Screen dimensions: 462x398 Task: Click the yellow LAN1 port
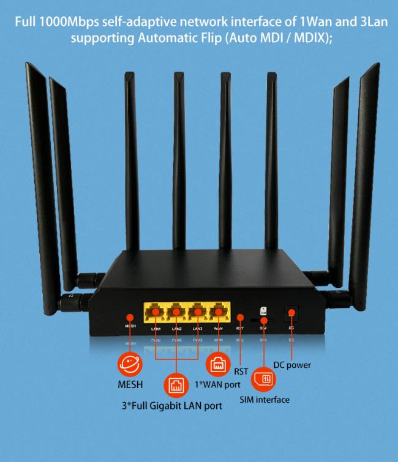(156, 312)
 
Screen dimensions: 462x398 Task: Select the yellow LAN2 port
(176, 312)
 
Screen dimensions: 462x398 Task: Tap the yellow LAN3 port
(197, 312)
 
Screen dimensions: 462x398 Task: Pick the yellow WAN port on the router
(217, 312)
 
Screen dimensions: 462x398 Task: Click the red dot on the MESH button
(130, 317)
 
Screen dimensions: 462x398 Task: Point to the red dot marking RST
(240, 318)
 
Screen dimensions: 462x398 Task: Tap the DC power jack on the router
(291, 313)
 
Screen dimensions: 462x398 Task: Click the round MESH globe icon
(130, 365)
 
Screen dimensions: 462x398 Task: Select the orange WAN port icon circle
(217, 365)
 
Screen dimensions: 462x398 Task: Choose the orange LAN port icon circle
(176, 385)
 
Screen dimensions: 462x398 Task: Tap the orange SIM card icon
(265, 379)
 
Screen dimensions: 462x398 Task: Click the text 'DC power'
(292, 365)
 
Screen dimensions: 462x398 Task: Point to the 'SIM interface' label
(264, 400)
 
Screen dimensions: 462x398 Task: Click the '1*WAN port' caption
(217, 384)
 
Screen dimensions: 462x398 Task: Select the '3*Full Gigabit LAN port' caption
(172, 405)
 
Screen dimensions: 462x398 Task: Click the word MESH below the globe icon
(130, 385)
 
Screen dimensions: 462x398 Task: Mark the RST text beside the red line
(241, 370)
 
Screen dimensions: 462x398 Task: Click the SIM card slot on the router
(264, 319)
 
